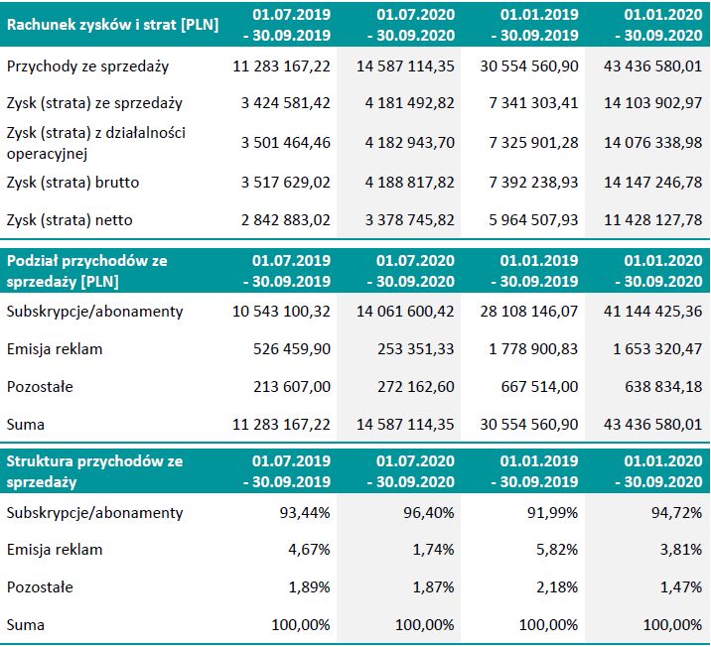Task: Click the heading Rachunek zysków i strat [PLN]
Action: (112, 25)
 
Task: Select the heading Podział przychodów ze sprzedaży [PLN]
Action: (87, 270)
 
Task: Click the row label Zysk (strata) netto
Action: (70, 219)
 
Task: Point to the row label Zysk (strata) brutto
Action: (72, 183)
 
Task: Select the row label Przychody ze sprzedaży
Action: (87, 66)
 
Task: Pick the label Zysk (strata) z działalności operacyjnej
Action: (95, 142)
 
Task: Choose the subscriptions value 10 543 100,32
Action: (281, 312)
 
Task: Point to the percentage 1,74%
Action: (435, 550)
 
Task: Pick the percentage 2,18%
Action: (558, 586)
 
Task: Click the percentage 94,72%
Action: (681, 513)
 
